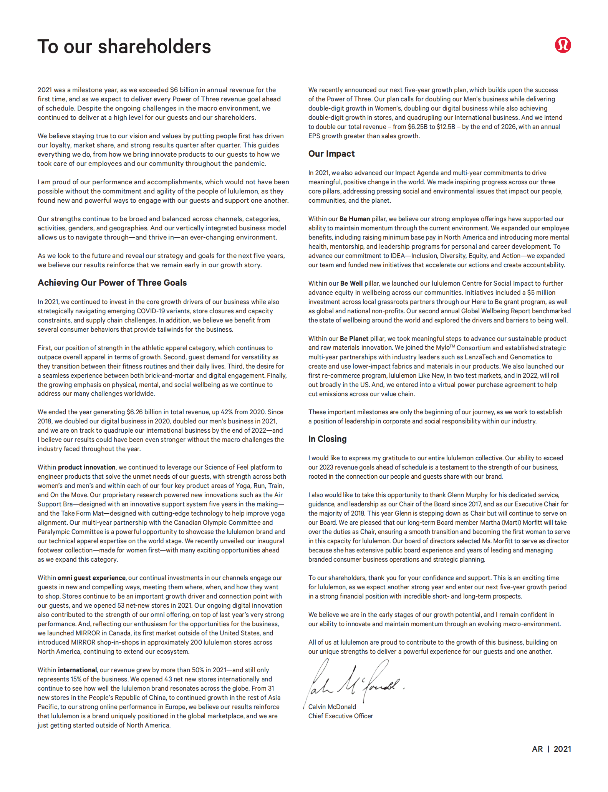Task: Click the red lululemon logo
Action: [562, 45]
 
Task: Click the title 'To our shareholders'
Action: [124, 47]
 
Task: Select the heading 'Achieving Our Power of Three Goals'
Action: [112, 283]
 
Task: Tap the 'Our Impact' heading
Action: [331, 154]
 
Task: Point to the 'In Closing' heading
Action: [327, 439]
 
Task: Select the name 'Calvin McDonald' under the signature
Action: [332, 707]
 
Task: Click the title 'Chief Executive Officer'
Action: [340, 716]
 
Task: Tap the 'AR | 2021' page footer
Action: [551, 749]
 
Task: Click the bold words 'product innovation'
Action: [86, 467]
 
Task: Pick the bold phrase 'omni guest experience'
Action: [91, 578]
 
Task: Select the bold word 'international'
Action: [77, 670]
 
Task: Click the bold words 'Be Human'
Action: [355, 219]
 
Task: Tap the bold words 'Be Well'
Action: [351, 283]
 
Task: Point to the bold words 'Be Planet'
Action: [354, 339]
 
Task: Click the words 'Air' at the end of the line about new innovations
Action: [278, 495]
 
